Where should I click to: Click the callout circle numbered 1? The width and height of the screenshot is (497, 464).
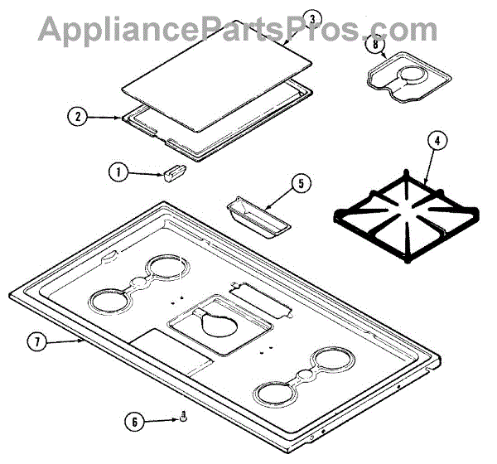coord(118,172)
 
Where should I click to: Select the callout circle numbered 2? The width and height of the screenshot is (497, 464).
coord(77,117)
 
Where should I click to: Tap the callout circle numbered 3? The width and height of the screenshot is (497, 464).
coord(311,18)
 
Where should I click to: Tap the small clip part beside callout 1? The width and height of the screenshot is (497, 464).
coord(173,172)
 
